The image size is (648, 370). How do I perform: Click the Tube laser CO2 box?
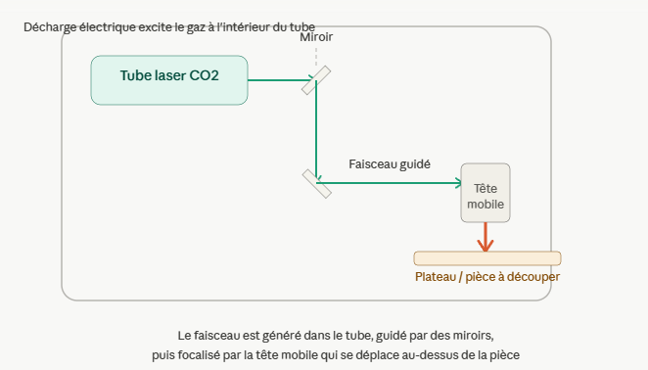click(x=169, y=80)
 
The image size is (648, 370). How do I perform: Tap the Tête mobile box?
click(x=486, y=193)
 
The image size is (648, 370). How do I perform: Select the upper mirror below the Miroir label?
click(x=316, y=80)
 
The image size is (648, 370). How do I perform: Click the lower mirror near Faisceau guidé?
click(x=317, y=184)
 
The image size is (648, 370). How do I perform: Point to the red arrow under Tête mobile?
click(x=486, y=237)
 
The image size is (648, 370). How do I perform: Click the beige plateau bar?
click(x=487, y=258)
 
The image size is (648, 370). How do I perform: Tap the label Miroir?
click(x=316, y=37)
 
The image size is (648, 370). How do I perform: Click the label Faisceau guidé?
click(x=390, y=164)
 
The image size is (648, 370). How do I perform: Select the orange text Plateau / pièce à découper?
click(x=487, y=277)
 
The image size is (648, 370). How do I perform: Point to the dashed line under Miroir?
click(x=316, y=57)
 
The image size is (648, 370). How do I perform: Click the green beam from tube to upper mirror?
click(x=281, y=80)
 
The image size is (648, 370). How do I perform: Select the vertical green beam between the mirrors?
click(x=316, y=130)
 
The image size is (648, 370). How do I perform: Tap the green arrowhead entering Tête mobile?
click(x=458, y=183)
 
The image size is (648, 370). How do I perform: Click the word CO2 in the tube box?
click(x=204, y=75)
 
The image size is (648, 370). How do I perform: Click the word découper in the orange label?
click(x=533, y=277)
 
